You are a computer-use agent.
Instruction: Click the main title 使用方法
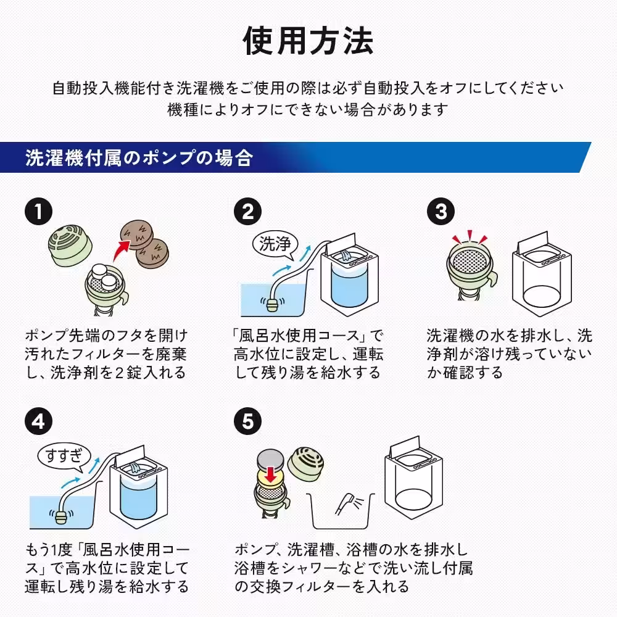[308, 41]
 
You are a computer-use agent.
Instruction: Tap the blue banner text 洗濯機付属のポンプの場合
[139, 158]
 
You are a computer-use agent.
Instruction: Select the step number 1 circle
[38, 212]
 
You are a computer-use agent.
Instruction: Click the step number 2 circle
[247, 212]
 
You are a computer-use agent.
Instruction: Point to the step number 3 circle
[441, 212]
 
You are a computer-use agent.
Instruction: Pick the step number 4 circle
[38, 421]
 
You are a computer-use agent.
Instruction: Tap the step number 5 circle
[247, 421]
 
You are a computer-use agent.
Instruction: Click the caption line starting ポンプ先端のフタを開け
[106, 336]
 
